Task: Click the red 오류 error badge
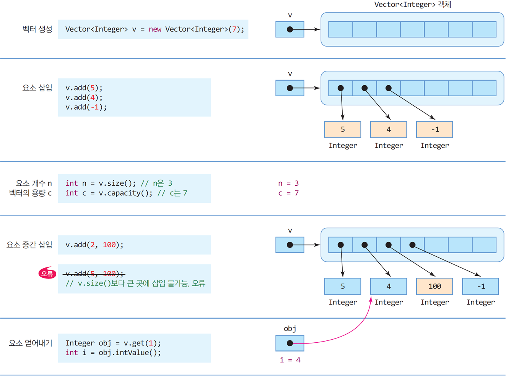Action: tap(47, 273)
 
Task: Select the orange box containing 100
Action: tap(434, 286)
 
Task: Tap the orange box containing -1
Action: tap(434, 130)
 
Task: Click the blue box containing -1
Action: tap(480, 286)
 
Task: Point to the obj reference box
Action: tap(290, 343)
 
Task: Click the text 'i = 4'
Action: tap(290, 360)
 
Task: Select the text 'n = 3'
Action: tap(288, 183)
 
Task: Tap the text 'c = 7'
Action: tap(288, 193)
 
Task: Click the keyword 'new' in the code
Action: tap(155, 29)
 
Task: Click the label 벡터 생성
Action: tap(37, 29)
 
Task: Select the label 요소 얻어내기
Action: tap(31, 343)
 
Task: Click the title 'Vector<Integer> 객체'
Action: tap(412, 4)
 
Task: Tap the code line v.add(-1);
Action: tap(86, 107)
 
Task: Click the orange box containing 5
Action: tap(343, 130)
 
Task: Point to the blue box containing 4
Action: tap(389, 286)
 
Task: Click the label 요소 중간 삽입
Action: tap(29, 245)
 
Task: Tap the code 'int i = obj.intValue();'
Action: tap(113, 353)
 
